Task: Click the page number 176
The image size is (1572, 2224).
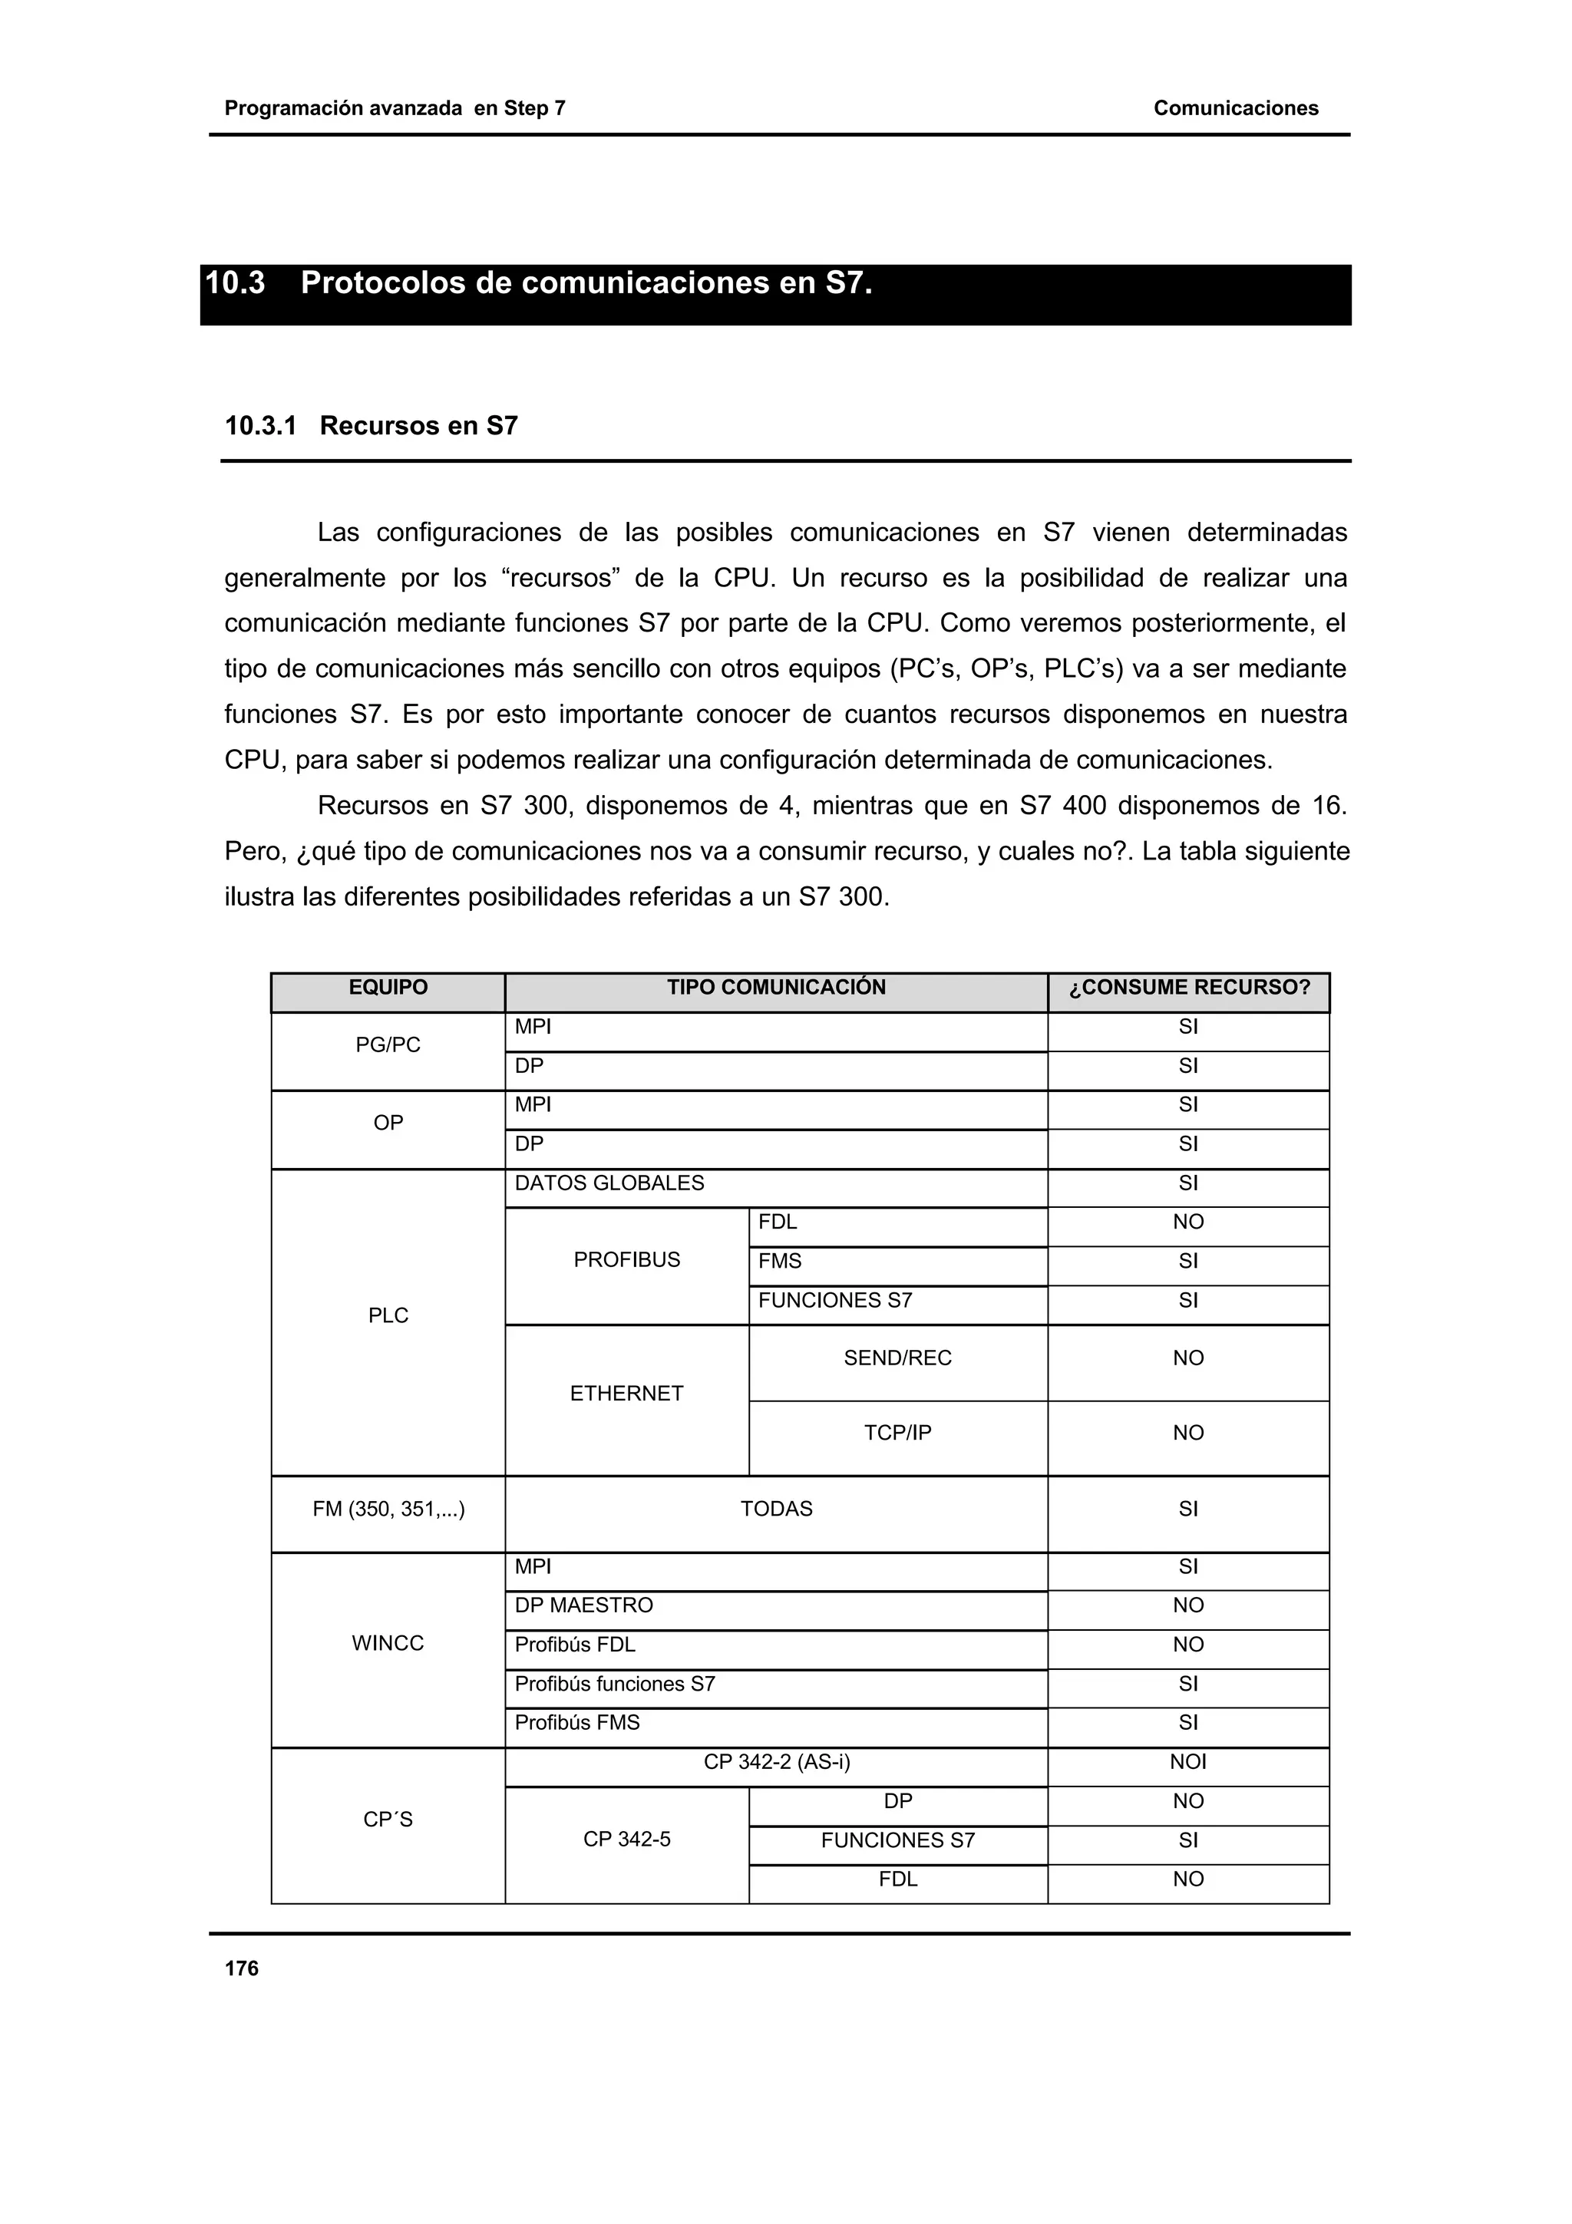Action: pyautogui.click(x=241, y=1968)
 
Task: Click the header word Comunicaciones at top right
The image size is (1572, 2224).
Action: pyautogui.click(x=1235, y=108)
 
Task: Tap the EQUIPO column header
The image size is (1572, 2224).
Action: pyautogui.click(x=388, y=987)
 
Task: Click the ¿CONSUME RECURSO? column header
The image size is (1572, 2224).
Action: pyautogui.click(x=1188, y=988)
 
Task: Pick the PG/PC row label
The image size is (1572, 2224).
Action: pyautogui.click(x=388, y=1045)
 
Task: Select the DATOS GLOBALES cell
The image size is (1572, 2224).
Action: pyautogui.click(x=609, y=1183)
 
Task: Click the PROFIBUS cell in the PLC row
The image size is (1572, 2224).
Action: pyautogui.click(x=626, y=1260)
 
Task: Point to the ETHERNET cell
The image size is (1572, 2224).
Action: pyautogui.click(x=626, y=1394)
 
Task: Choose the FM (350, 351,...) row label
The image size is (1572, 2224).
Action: pyautogui.click(x=388, y=1509)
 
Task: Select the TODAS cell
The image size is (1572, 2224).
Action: pyautogui.click(x=776, y=1509)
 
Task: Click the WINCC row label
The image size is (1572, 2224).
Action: pyautogui.click(x=388, y=1644)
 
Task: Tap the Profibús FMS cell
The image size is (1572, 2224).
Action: pyautogui.click(x=577, y=1723)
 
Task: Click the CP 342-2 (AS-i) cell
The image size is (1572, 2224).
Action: pyautogui.click(x=776, y=1762)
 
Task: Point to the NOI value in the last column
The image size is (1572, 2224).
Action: pyautogui.click(x=1187, y=1762)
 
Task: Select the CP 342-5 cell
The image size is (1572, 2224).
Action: pyautogui.click(x=626, y=1840)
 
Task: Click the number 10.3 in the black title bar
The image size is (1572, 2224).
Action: pyautogui.click(x=236, y=283)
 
